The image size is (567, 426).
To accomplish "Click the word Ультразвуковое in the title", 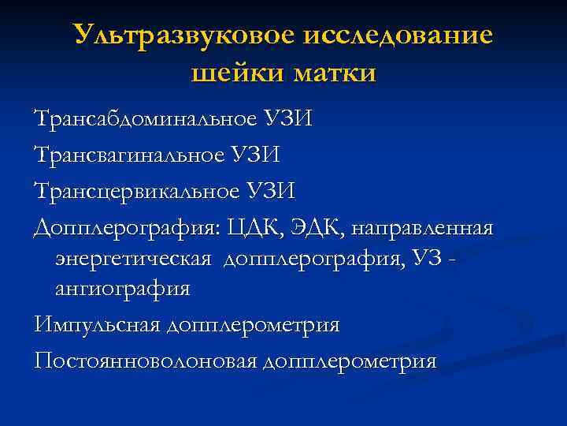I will point(183,35).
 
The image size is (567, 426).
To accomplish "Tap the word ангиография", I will point(123,289).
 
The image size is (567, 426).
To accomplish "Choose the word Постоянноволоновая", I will point(146,361).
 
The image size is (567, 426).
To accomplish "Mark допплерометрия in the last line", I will point(350,361).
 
